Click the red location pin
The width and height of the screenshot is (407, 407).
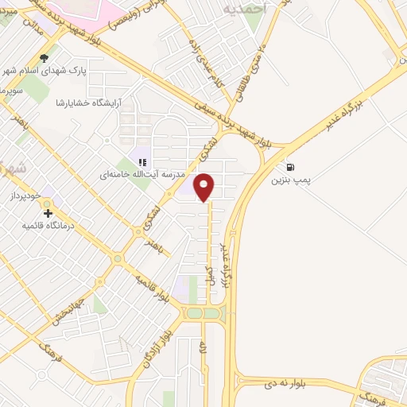pos(205,187)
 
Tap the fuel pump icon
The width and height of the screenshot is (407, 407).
pos(291,168)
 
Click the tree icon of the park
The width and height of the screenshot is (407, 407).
pos(44,57)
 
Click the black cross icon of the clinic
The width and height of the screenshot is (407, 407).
pos(48,213)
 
